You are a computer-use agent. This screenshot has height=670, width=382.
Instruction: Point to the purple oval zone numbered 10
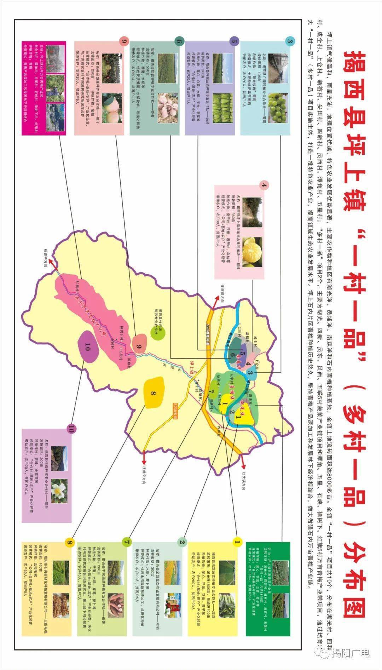click(x=87, y=346)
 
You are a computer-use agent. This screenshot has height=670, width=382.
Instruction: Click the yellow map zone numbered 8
click(x=154, y=392)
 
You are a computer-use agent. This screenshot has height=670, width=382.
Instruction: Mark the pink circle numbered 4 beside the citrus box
click(x=264, y=185)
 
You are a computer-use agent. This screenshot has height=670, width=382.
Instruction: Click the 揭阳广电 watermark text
click(x=350, y=653)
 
